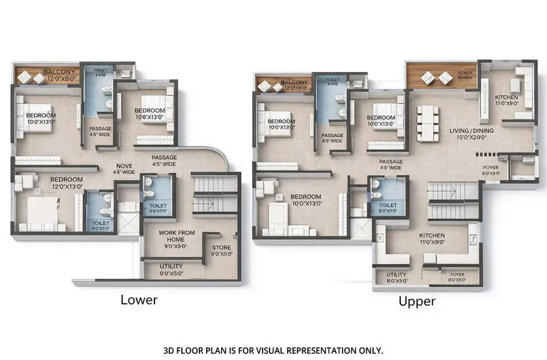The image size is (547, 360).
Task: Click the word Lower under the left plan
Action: click(x=139, y=300)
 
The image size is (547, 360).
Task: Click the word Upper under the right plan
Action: click(x=417, y=301)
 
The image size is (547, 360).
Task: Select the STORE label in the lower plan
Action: click(x=221, y=251)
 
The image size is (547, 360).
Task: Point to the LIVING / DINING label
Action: click(x=471, y=134)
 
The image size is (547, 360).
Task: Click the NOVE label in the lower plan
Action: click(x=124, y=168)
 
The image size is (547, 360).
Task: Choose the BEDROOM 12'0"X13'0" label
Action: click(x=66, y=183)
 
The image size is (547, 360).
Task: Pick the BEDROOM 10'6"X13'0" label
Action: click(x=150, y=113)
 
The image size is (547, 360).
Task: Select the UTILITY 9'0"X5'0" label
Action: click(x=170, y=270)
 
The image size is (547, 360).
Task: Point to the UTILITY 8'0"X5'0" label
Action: click(x=397, y=278)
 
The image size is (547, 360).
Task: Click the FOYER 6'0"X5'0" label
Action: click(x=491, y=170)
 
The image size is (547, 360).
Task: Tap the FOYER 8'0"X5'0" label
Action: click(x=457, y=278)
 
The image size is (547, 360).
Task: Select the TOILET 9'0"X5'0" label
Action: click(x=100, y=226)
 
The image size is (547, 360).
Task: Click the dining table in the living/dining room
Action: click(x=427, y=123)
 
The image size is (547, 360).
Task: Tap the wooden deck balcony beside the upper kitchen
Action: click(x=440, y=76)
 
